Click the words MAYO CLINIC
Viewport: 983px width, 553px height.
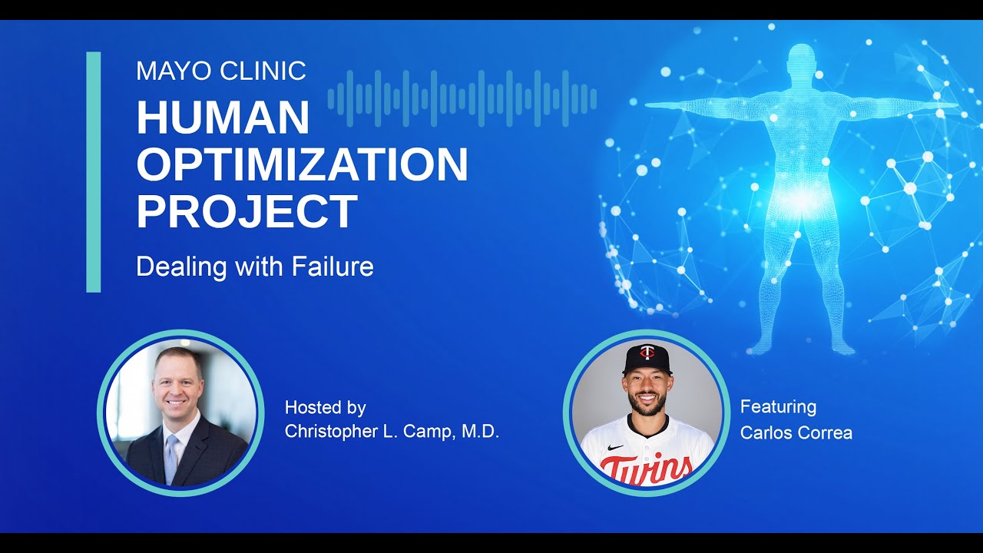[x=221, y=71]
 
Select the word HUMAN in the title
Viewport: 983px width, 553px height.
[x=223, y=118]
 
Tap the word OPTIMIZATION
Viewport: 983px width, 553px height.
[x=302, y=164]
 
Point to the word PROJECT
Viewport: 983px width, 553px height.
[x=247, y=211]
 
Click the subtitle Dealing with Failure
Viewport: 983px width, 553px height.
[x=254, y=267]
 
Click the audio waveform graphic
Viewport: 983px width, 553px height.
[x=462, y=98]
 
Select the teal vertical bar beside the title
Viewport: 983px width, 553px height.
[x=94, y=172]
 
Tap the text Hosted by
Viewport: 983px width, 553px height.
[x=325, y=407]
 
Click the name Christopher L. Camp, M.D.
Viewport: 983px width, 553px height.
[x=392, y=432]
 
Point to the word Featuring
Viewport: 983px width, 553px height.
[x=778, y=406]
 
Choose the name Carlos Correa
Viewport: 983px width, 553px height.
[x=796, y=432]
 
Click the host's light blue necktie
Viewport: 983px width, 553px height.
[x=171, y=457]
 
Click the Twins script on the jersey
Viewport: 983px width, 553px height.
[x=646, y=468]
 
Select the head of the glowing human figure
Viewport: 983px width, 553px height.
[x=801, y=62]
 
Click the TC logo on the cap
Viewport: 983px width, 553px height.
[x=647, y=353]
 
